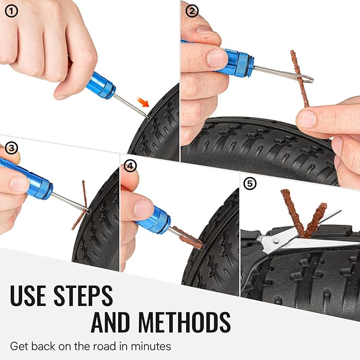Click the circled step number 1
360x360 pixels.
point(11,11)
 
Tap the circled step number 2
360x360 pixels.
point(192,11)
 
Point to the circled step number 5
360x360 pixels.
point(250,184)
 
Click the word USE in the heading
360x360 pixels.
point(38,296)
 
